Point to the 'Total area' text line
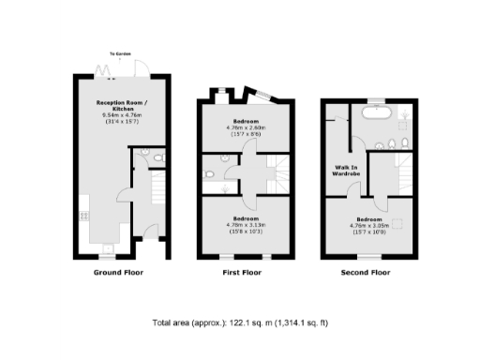240,322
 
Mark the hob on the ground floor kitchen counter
83,215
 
